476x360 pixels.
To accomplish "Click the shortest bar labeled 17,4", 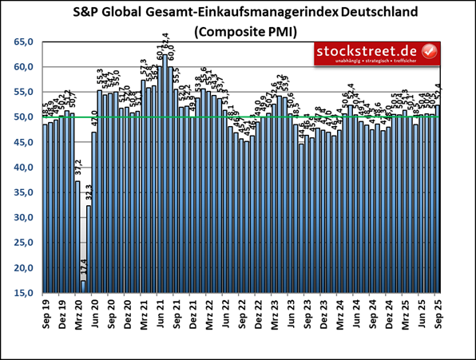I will [83, 287].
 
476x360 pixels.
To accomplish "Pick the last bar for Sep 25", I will [438, 200].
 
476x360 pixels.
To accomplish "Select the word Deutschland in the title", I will [367, 13].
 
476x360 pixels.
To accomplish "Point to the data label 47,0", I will [94, 124].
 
